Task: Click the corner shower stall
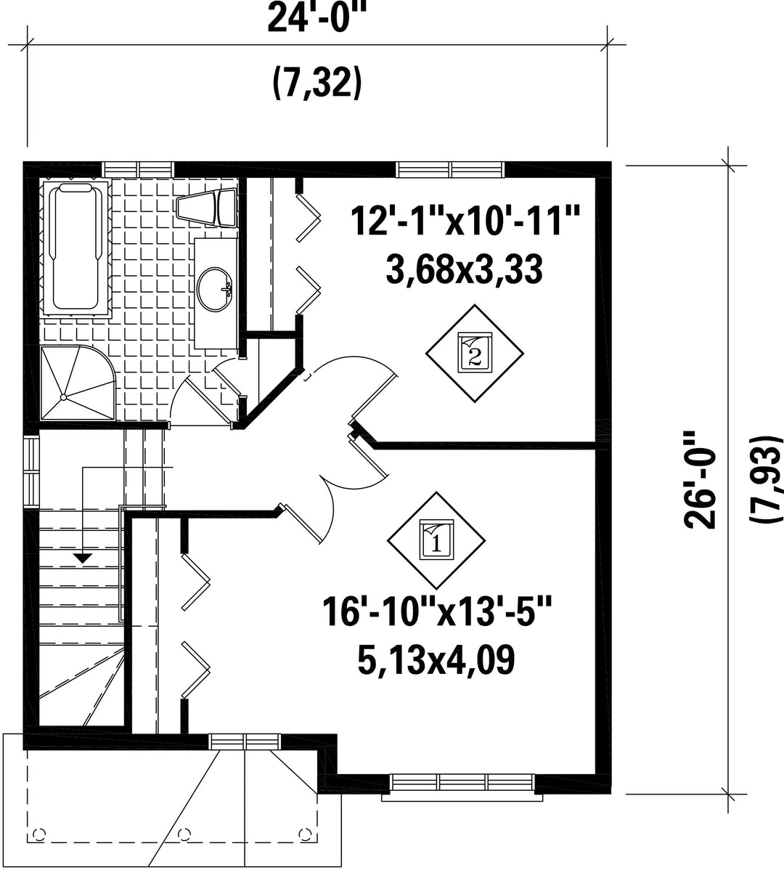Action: pos(78,383)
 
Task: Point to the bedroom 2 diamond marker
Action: pos(475,353)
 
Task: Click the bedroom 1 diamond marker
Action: pos(436,540)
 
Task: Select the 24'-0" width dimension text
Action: pos(318,19)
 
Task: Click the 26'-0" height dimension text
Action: pos(701,480)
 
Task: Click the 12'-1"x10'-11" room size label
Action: pos(465,220)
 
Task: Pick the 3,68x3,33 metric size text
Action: pos(464,271)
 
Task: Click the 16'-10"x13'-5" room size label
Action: pos(437,611)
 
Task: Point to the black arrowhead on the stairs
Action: pos(83,558)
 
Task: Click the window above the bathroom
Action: pos(139,168)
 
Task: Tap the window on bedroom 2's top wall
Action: pos(450,168)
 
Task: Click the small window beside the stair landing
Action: pos(32,471)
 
